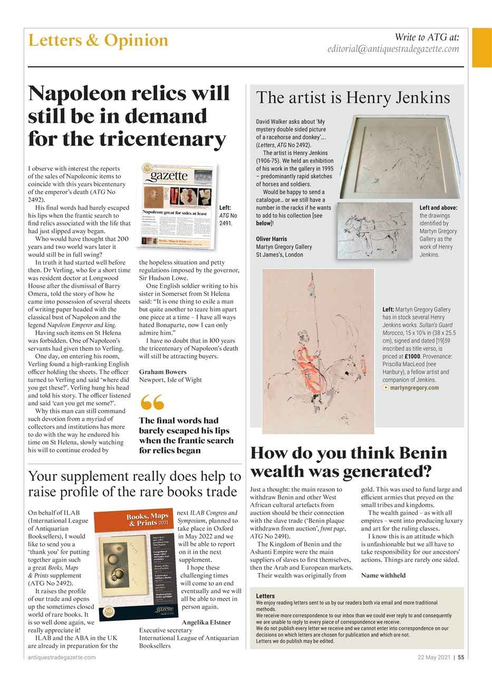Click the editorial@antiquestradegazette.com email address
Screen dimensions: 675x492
click(x=393, y=49)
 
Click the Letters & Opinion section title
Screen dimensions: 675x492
click(x=98, y=40)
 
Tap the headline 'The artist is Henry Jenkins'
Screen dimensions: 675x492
click(x=353, y=98)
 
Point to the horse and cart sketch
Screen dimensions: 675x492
click(x=375, y=230)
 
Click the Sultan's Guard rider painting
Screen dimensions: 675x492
click(x=317, y=351)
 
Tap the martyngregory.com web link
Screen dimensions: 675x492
click(x=414, y=388)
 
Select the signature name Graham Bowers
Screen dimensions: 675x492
click(x=162, y=372)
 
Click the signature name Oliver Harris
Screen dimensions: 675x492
click(x=272, y=239)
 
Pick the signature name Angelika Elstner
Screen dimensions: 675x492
click(x=206, y=622)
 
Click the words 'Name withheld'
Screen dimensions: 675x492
click(x=383, y=575)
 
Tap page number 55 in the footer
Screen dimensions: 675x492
click(x=460, y=657)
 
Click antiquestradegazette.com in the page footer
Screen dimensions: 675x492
click(x=62, y=657)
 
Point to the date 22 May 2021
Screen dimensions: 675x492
click(x=433, y=657)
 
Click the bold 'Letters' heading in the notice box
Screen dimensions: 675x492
click(x=265, y=596)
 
